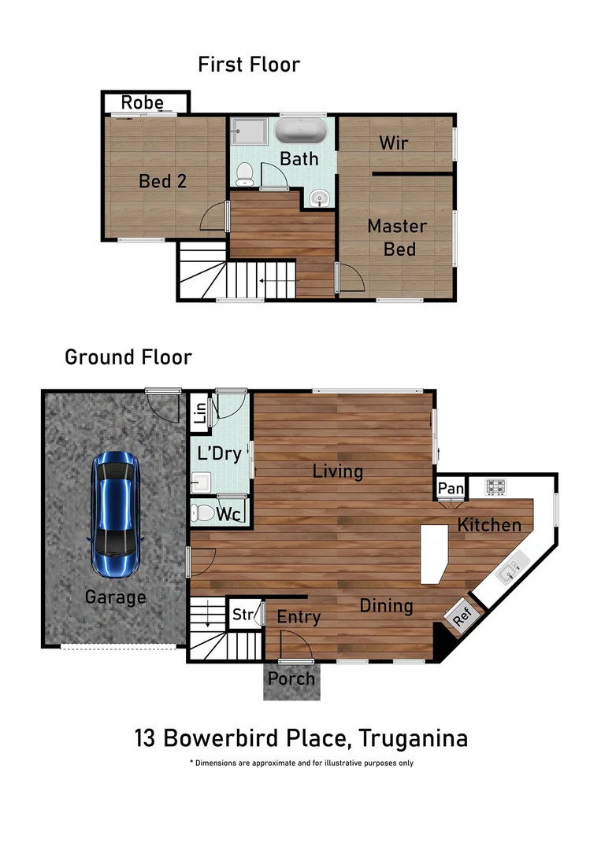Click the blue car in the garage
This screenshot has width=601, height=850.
point(116,515)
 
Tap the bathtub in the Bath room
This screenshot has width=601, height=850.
point(301,131)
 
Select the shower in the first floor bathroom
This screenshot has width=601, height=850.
point(249,131)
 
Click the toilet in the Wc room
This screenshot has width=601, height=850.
point(202,512)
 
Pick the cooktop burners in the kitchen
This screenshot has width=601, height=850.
point(495,486)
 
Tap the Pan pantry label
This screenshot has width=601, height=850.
point(451,489)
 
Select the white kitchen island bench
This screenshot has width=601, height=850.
point(435,554)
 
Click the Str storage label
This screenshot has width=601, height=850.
point(243,614)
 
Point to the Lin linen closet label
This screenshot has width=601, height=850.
point(200,412)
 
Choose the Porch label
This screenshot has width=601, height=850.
point(291,678)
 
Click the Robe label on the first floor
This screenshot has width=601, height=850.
point(142,102)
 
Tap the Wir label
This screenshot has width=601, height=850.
point(394,142)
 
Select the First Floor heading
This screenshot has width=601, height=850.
point(249,65)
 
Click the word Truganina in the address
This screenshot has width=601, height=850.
point(413,738)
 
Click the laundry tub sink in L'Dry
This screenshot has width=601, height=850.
point(201,482)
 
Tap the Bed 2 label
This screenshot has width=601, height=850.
point(163,181)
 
